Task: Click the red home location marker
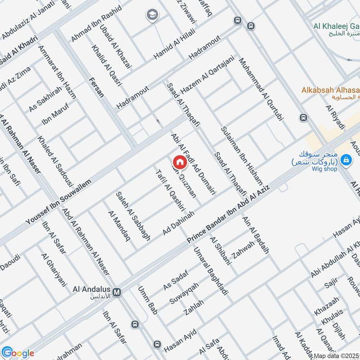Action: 179,162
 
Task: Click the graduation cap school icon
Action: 152,15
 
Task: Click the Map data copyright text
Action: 337,355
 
